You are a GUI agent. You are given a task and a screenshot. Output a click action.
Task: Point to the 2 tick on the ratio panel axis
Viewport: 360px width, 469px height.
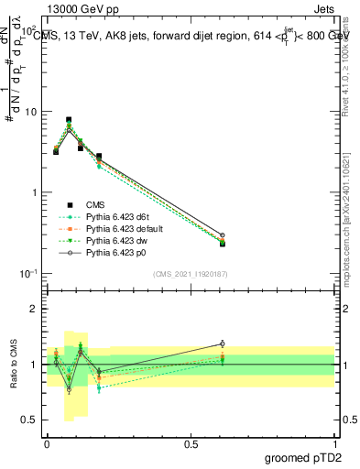pyautogui.click(x=35, y=309)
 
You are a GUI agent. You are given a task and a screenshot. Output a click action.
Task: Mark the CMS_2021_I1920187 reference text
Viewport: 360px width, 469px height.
pyautogui.click(x=191, y=274)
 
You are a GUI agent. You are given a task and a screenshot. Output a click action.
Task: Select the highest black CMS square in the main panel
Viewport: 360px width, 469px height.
pyautogui.click(x=69, y=120)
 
